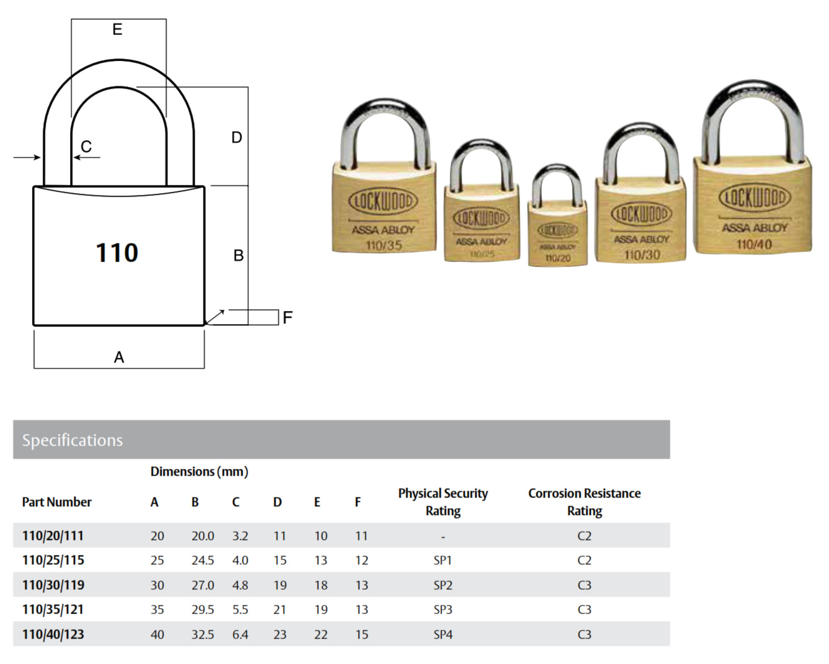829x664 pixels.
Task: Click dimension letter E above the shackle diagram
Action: pos(118,30)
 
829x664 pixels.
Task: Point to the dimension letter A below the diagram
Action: pos(119,357)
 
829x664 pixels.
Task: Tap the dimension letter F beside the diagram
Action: pos(287,318)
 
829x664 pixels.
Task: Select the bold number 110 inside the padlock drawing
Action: pos(117,253)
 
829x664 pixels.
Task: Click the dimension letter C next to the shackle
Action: pos(86,146)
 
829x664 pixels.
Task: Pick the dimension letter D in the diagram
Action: pos(237,137)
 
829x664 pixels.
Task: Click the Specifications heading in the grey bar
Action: pos(72,440)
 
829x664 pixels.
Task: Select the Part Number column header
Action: pos(57,502)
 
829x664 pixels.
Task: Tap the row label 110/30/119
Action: pos(53,585)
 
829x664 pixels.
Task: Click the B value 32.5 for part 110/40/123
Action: pos(202,634)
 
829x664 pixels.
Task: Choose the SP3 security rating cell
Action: pos(443,609)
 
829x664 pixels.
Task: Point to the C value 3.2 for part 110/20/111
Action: pos(240,536)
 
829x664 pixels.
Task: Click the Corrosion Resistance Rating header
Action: pos(584,502)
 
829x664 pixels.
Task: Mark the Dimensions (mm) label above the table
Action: pos(199,471)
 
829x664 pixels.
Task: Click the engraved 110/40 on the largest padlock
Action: pos(754,244)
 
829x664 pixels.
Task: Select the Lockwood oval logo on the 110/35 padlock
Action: pos(382,201)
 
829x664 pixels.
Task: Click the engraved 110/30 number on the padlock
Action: pos(642,255)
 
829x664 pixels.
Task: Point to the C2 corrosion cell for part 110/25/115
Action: pos(584,560)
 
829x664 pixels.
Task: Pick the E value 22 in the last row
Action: pos(321,634)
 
